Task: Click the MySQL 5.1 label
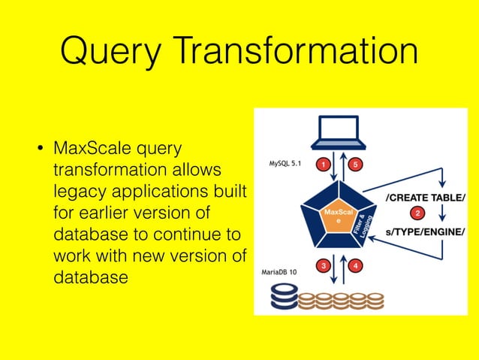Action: [x=285, y=163]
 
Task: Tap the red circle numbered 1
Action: [x=322, y=163]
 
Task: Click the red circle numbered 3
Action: [x=322, y=265]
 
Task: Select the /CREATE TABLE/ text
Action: [x=424, y=198]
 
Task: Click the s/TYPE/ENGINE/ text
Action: [x=425, y=232]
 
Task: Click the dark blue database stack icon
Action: [x=283, y=298]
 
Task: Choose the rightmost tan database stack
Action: [x=372, y=301]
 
